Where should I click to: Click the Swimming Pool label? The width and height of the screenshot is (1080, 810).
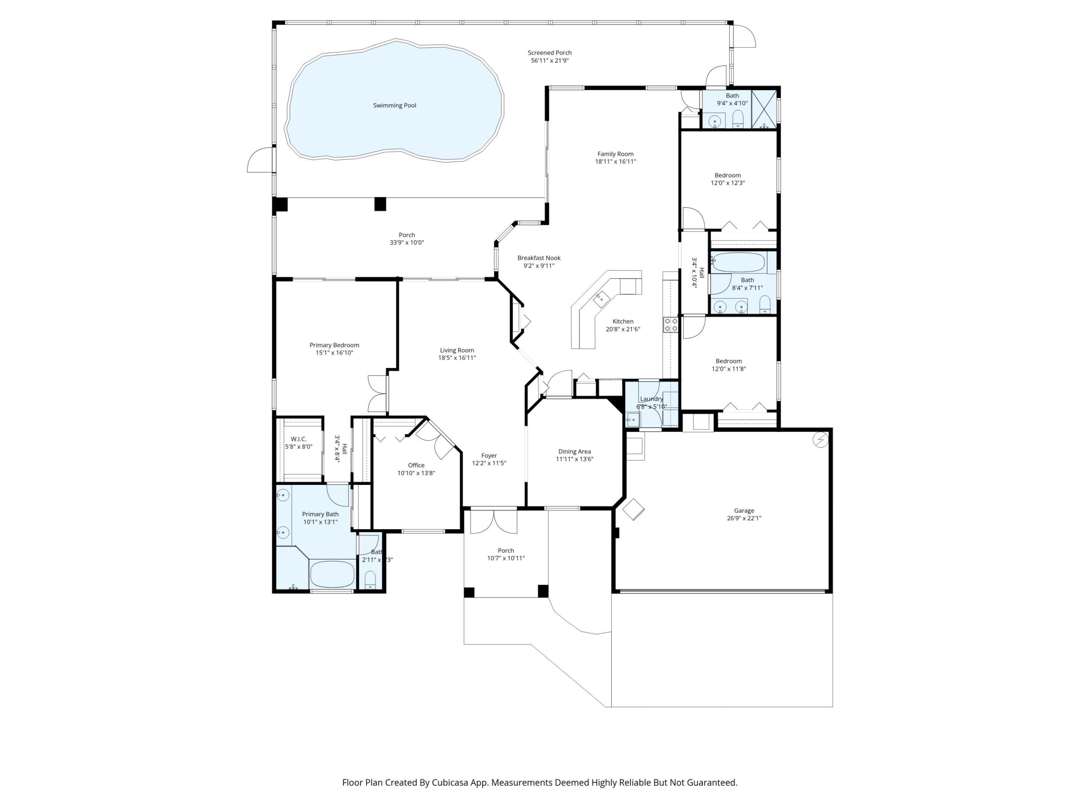[394, 105]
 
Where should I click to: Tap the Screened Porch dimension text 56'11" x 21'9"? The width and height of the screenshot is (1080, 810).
[550, 60]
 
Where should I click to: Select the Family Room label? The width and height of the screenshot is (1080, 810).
[615, 154]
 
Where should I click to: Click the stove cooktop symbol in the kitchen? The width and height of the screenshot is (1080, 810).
[670, 325]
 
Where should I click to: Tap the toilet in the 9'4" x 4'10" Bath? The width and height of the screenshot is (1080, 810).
[738, 118]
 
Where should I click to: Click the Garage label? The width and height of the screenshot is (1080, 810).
[744, 511]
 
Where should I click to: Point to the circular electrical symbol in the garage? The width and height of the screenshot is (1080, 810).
[820, 439]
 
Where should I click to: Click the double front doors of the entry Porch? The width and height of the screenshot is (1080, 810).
[493, 522]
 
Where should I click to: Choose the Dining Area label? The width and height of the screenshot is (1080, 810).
[574, 451]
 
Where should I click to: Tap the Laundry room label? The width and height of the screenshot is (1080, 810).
[651, 399]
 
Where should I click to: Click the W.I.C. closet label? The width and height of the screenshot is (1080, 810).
[298, 439]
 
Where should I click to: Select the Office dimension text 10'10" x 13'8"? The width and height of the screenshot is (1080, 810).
[416, 473]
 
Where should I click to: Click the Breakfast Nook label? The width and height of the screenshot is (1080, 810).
[539, 258]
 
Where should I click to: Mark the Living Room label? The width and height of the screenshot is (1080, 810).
[456, 350]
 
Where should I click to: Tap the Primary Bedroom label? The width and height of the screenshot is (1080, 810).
[334, 345]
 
